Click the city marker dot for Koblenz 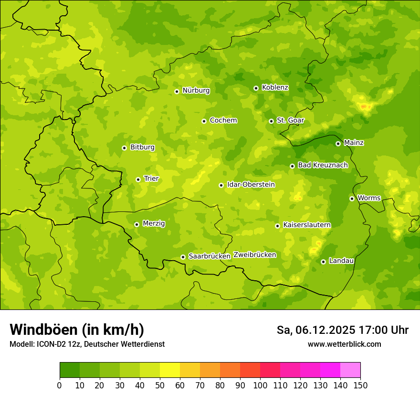point(256,88)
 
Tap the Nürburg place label point(196,90)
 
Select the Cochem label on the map point(223,121)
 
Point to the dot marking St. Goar point(271,121)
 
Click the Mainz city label point(354,143)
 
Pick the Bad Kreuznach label point(323,165)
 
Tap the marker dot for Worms point(352,198)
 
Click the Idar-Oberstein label point(251,184)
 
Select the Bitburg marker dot point(124,148)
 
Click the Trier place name point(151,178)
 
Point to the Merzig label point(154,223)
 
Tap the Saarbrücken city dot point(183,257)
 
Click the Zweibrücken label point(254,254)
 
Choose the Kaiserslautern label point(306,225)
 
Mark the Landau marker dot point(323,262)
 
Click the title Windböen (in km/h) point(76,330)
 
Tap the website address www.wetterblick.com point(344,344)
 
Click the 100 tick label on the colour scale point(260,386)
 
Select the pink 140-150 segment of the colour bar point(350,370)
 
